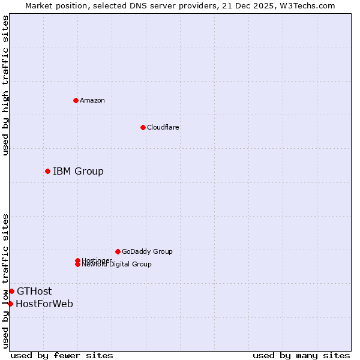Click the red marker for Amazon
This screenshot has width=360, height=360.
[76, 100]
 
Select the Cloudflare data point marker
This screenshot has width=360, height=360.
[143, 127]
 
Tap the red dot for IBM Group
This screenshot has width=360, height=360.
[47, 172]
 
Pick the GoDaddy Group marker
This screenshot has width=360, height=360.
[118, 251]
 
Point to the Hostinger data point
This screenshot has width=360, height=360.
[77, 260]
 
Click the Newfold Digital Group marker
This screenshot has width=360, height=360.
[77, 264]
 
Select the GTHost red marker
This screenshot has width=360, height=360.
[11, 292]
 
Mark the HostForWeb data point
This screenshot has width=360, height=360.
[10, 304]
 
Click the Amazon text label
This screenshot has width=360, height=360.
[92, 100]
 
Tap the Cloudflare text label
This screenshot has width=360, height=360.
[163, 127]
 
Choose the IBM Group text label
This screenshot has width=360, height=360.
[78, 172]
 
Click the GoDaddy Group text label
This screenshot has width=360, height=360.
[147, 251]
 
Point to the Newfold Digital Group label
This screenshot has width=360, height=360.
[117, 264]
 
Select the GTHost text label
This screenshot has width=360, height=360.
[34, 292]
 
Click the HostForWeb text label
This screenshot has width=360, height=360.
[44, 304]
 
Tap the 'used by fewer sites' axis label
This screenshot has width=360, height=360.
[62, 355]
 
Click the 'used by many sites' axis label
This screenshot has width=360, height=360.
[301, 355]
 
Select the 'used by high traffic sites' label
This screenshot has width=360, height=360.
[5, 85]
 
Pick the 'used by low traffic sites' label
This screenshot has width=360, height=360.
[5, 281]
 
